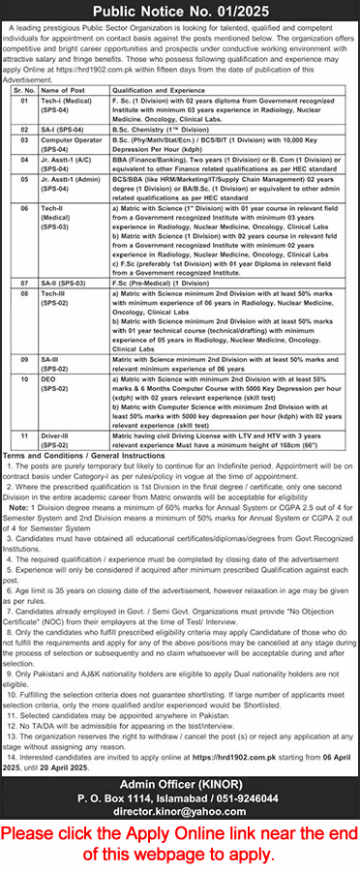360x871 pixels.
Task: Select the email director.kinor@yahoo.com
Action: click(x=179, y=785)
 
